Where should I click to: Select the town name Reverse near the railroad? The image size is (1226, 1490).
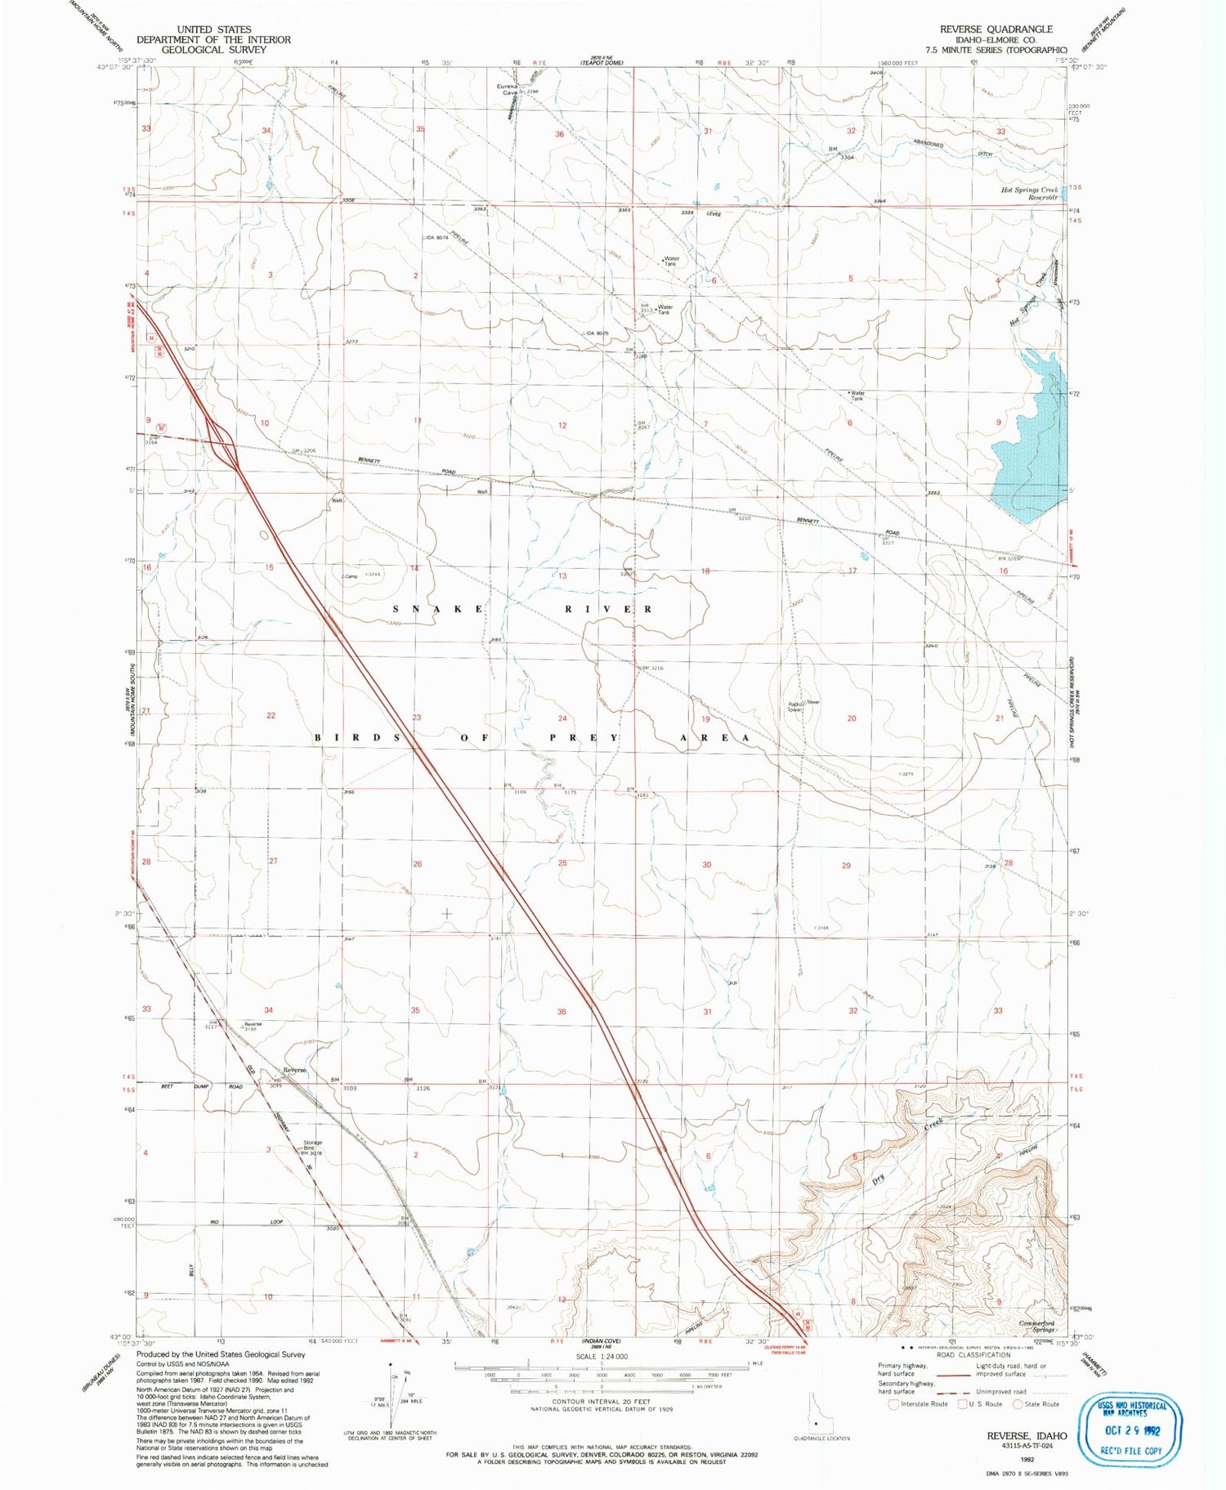(294, 1070)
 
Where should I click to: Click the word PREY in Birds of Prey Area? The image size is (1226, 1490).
(583, 737)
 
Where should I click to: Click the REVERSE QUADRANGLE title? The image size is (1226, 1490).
(996, 29)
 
